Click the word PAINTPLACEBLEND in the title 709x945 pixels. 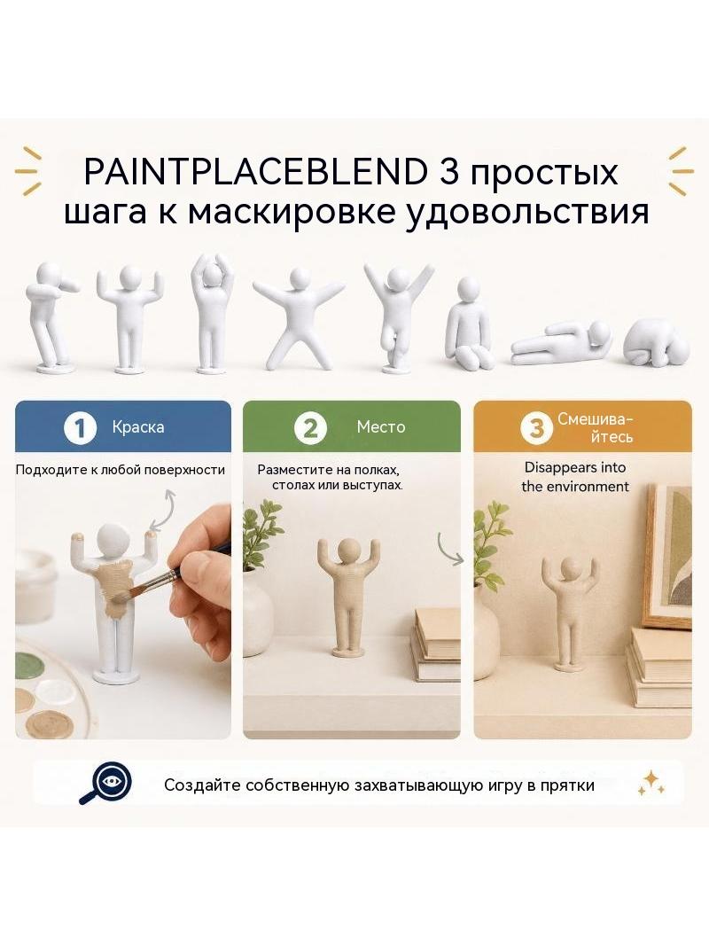(x=255, y=172)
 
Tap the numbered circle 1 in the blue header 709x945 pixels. (x=80, y=428)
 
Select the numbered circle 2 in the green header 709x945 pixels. (x=310, y=428)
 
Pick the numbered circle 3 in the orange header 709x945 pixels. (x=536, y=428)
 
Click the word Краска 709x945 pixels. (x=138, y=427)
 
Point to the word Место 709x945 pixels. (x=381, y=427)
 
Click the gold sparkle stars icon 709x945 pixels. (x=651, y=783)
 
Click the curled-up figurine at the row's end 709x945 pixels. (x=657, y=340)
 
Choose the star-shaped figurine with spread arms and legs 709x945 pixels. (x=299, y=317)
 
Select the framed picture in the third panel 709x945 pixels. (x=666, y=555)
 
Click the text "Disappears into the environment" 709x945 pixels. (x=575, y=477)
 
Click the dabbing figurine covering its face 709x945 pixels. (x=51, y=316)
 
